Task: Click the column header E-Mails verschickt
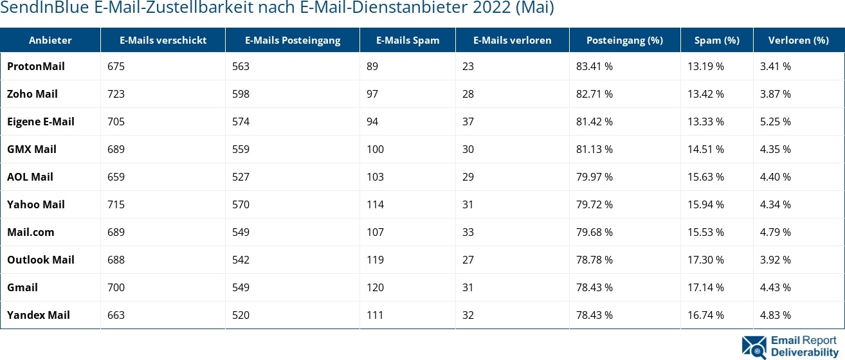click(x=163, y=40)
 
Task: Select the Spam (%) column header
click(x=716, y=40)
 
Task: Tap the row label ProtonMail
click(x=36, y=66)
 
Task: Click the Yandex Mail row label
click(x=39, y=315)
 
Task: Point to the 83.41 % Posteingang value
click(x=594, y=66)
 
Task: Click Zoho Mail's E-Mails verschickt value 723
click(x=116, y=94)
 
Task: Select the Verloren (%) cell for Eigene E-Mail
click(x=775, y=122)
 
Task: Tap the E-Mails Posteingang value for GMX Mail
click(x=241, y=149)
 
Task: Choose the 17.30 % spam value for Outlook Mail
click(x=705, y=260)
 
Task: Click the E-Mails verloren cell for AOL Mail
click(x=468, y=177)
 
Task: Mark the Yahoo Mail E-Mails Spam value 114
click(x=375, y=204)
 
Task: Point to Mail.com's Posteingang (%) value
click(x=594, y=232)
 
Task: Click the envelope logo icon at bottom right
click(x=754, y=346)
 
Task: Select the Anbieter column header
click(x=50, y=40)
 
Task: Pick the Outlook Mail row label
click(x=41, y=260)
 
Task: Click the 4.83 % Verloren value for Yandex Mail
click(x=775, y=315)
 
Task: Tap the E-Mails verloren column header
click(x=512, y=40)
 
